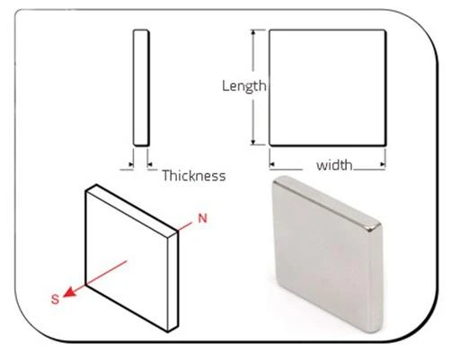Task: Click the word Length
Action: tap(243, 86)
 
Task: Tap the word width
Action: tap(334, 165)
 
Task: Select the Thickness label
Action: tap(194, 175)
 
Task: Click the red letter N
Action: tap(203, 218)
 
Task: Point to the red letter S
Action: tap(56, 299)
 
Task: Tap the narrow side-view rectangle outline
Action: tap(141, 88)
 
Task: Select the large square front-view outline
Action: tap(328, 88)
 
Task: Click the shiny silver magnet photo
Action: tap(327, 253)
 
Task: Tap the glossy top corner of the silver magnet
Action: tap(373, 227)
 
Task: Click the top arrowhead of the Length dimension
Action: tap(253, 32)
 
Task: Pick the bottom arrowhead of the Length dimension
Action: tap(253, 142)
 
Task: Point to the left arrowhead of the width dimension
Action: tap(272, 164)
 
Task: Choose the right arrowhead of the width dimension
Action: tap(383, 164)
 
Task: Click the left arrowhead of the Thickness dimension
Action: tap(131, 164)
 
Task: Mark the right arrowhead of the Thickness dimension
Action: tap(150, 164)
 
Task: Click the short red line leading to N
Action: tap(185, 227)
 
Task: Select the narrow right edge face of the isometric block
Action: tap(172, 281)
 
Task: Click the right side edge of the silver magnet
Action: tap(376, 280)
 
